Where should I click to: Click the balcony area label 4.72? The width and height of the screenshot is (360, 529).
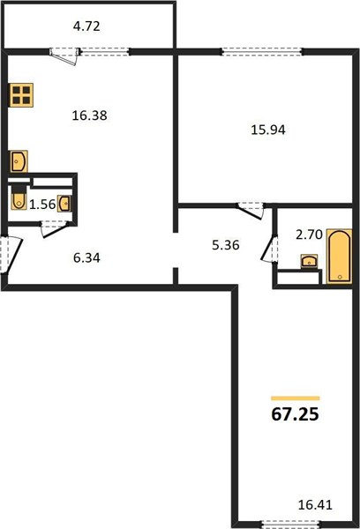click(86, 26)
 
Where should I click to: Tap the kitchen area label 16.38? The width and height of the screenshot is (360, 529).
click(89, 115)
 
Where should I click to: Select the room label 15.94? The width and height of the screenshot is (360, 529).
click(268, 130)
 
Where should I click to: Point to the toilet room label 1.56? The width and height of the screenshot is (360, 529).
click(42, 205)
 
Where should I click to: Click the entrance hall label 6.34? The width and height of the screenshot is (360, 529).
click(86, 258)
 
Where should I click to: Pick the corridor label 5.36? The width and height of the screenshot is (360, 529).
click(226, 244)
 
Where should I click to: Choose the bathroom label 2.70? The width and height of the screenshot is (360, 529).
click(310, 235)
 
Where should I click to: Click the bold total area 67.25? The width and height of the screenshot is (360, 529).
click(295, 414)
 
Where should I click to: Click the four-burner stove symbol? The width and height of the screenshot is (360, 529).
click(21, 95)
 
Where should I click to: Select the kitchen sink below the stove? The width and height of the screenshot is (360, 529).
click(19, 161)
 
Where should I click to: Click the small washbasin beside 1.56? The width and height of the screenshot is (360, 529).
click(64, 204)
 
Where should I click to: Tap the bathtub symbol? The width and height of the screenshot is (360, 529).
click(340, 257)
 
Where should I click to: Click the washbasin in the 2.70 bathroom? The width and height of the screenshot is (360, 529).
click(309, 261)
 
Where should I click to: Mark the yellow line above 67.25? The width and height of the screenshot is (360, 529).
click(296, 399)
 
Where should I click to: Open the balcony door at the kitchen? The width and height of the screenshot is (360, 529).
click(64, 55)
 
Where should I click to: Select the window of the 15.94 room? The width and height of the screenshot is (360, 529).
click(262, 52)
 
